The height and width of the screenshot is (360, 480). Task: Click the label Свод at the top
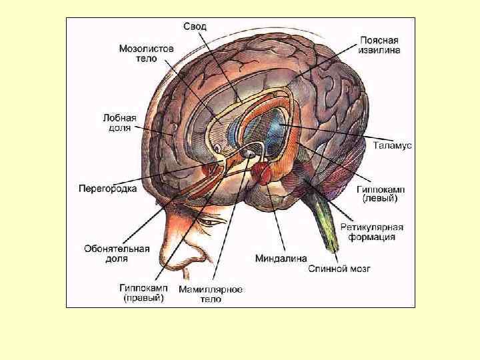tap(195, 26)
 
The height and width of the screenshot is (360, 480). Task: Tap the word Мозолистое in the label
tap(147, 49)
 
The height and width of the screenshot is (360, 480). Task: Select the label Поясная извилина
tap(380, 45)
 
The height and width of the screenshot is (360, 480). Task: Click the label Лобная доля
tap(119, 122)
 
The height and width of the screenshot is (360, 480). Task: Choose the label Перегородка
tap(108, 189)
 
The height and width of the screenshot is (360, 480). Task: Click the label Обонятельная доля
tap(117, 253)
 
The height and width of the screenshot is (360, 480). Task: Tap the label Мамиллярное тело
tap(211, 295)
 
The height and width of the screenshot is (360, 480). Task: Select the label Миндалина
tap(281, 257)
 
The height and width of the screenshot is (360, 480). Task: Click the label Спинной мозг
tap(339, 269)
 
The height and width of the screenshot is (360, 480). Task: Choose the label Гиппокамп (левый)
tap(380, 193)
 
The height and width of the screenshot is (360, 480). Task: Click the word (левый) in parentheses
tap(380, 198)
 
